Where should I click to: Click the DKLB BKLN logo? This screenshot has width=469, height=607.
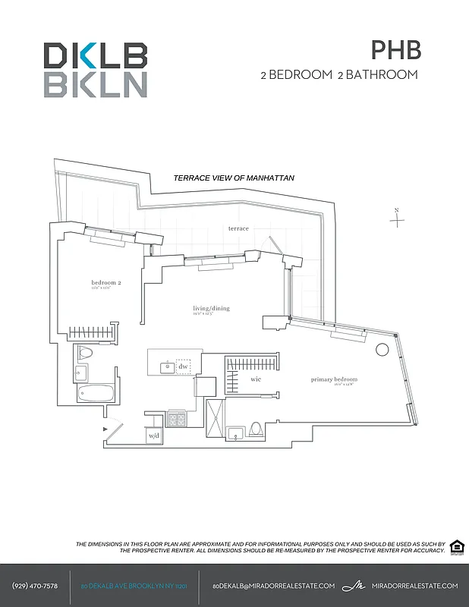(95, 69)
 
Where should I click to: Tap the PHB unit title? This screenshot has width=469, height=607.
(395, 50)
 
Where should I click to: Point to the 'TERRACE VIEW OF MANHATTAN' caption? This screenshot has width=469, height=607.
(234, 178)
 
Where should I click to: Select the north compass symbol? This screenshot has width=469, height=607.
(397, 219)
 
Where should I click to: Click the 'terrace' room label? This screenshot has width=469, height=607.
(238, 228)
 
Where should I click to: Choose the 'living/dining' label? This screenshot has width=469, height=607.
(211, 309)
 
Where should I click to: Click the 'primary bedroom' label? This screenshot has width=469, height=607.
(334, 379)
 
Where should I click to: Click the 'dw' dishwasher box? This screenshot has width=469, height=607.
(183, 366)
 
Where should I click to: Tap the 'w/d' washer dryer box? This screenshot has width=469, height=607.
(154, 436)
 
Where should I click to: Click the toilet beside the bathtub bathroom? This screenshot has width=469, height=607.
(86, 353)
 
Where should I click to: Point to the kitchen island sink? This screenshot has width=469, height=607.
(165, 367)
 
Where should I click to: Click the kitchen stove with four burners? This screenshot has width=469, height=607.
(176, 417)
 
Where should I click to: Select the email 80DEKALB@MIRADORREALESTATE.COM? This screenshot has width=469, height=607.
(273, 586)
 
